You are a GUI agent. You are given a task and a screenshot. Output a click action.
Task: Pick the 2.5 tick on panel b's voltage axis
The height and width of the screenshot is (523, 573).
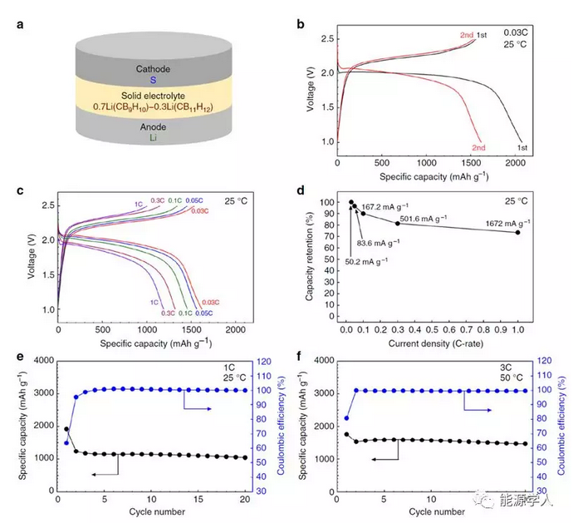[x=330, y=38]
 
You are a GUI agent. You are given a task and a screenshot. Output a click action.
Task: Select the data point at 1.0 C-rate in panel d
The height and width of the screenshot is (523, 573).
[x=518, y=233]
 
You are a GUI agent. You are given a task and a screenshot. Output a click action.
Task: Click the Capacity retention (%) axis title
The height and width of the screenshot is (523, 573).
[x=309, y=258]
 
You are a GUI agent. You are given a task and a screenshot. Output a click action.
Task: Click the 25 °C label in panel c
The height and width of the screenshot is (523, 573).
[x=234, y=200]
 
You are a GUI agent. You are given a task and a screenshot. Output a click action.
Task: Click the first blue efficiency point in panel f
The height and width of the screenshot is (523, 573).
[x=346, y=418]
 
